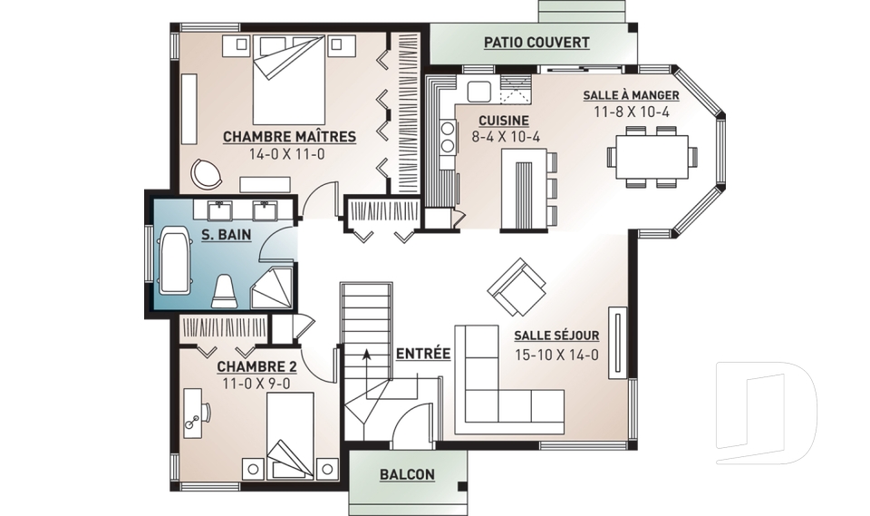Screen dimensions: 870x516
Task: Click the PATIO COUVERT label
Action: [x=536, y=43]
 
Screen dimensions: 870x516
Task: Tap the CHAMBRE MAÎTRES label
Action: [x=289, y=137]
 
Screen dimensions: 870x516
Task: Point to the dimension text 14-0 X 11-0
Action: [x=287, y=154]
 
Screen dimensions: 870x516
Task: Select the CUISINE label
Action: [x=504, y=121]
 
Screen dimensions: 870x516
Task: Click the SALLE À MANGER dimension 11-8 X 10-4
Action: [x=632, y=112]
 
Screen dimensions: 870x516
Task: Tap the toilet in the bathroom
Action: [x=225, y=290]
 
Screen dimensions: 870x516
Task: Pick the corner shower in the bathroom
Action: [x=272, y=287]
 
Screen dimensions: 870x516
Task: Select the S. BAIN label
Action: [x=226, y=235]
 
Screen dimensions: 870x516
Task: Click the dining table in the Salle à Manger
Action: [x=652, y=156]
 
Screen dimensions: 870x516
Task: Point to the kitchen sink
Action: [x=478, y=92]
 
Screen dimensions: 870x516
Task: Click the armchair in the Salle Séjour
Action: [x=517, y=286]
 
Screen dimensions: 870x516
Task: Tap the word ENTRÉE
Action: [x=423, y=354]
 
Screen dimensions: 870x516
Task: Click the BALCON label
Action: [x=407, y=475]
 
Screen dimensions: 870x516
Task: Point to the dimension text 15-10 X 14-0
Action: [x=556, y=355]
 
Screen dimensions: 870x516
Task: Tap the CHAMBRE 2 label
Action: [x=256, y=367]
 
